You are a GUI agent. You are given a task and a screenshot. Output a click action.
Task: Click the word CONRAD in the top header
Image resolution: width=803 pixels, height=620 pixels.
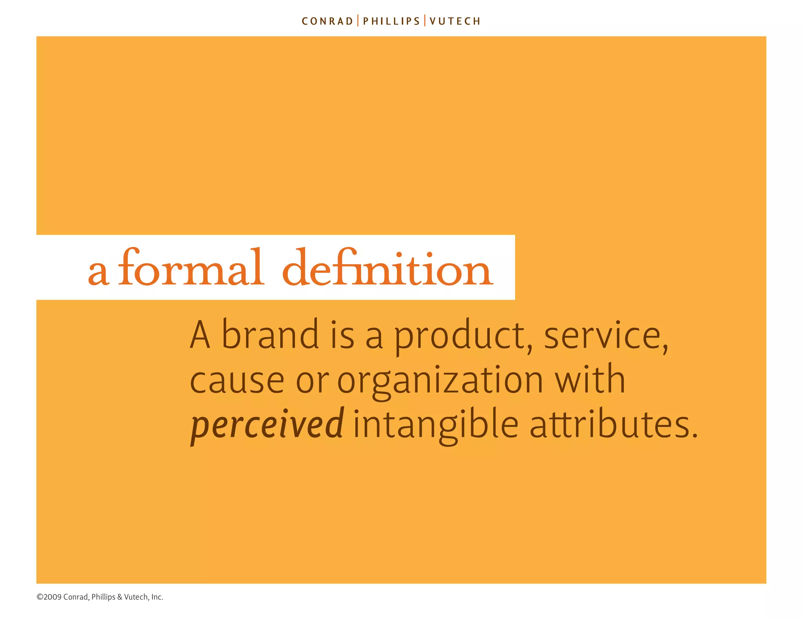click(x=327, y=21)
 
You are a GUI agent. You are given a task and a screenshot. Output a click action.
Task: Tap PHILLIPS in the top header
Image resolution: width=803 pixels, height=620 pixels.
click(x=391, y=21)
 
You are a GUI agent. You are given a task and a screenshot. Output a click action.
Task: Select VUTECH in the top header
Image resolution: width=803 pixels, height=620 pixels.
click(x=455, y=21)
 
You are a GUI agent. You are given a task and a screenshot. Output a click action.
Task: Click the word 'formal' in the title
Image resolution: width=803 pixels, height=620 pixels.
click(x=191, y=268)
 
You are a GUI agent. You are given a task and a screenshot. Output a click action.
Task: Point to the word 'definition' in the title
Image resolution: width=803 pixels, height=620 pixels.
click(x=387, y=268)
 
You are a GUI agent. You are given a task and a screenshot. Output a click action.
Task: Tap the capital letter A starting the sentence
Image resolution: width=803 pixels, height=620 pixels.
click(x=200, y=335)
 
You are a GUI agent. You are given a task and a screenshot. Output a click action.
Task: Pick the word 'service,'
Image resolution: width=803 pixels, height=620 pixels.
click(x=606, y=336)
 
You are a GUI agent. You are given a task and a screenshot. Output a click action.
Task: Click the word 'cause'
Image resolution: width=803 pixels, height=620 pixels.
click(x=237, y=380)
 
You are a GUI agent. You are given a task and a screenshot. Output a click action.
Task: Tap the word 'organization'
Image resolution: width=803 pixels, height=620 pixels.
click(x=440, y=381)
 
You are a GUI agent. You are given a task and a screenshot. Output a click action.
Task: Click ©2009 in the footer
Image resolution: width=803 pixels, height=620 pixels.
click(x=49, y=597)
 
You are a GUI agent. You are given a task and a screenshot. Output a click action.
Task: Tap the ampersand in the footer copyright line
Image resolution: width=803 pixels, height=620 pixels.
click(x=120, y=597)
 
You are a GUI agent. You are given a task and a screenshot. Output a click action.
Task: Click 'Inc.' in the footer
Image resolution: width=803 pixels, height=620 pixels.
click(x=157, y=597)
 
